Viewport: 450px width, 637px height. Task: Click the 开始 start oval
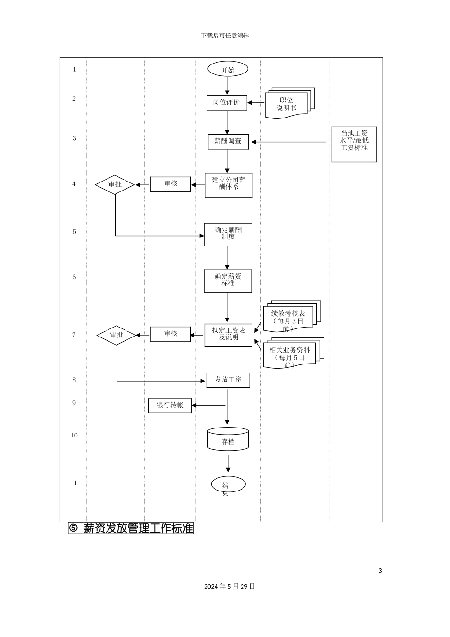click(227, 69)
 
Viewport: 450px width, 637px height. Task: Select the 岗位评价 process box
click(226, 103)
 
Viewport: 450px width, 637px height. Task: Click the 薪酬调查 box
click(228, 142)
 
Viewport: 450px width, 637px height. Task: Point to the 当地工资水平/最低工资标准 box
click(354, 144)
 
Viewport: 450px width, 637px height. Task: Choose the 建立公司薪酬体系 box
click(228, 185)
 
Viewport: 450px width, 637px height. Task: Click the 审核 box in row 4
click(170, 184)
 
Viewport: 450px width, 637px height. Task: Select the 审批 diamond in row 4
click(115, 184)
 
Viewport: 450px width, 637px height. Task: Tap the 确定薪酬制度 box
click(228, 234)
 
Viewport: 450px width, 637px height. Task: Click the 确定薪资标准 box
click(227, 281)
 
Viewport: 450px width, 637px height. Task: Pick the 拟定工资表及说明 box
click(228, 335)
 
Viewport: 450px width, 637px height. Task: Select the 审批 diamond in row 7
click(117, 335)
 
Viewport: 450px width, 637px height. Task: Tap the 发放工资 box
click(228, 380)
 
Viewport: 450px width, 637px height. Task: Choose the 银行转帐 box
click(170, 405)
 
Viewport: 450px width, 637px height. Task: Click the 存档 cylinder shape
click(228, 439)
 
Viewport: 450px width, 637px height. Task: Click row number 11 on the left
click(74, 483)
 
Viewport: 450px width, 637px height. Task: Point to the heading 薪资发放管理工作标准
click(131, 528)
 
